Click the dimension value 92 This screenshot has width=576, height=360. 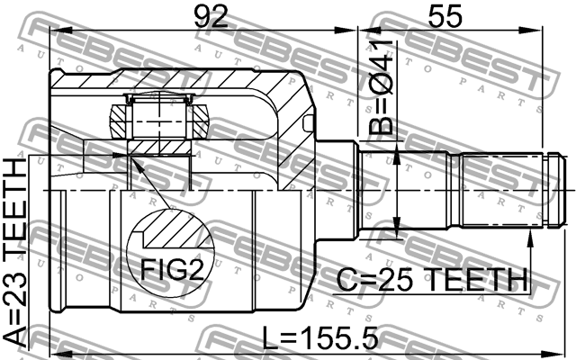[x=211, y=16]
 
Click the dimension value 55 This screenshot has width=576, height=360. [x=445, y=16]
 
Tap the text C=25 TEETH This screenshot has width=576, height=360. [x=432, y=280]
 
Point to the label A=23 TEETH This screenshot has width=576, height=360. [x=16, y=253]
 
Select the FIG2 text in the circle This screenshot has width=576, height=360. [x=173, y=270]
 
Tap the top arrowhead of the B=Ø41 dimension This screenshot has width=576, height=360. [x=397, y=154]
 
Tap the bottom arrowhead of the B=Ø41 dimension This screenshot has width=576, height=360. [x=397, y=227]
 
